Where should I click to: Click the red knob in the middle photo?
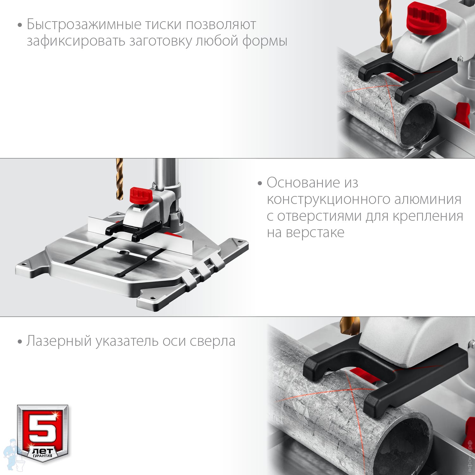[141, 195]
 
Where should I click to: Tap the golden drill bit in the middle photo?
[119, 179]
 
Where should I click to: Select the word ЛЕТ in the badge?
[43, 451]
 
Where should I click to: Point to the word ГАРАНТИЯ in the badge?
[42, 456]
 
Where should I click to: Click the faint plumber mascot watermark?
[11, 454]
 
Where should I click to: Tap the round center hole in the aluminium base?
[124, 252]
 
